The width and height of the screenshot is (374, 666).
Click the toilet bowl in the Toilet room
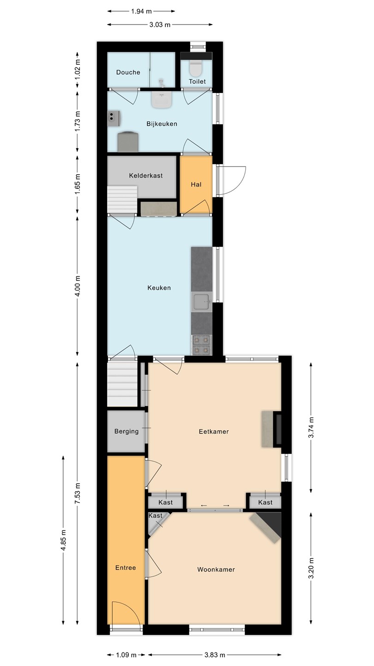[x=196, y=68]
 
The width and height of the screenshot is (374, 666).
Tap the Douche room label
[x=128, y=72]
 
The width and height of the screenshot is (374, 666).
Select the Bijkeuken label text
[x=162, y=123]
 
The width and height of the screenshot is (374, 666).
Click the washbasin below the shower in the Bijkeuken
[x=162, y=99]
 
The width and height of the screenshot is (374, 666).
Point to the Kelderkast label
[x=146, y=175]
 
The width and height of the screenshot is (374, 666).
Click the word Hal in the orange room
[x=196, y=185]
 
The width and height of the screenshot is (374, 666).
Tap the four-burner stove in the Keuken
[x=202, y=345]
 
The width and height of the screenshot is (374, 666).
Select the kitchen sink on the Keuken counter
[x=202, y=302]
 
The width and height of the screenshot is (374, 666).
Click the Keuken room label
[x=159, y=288]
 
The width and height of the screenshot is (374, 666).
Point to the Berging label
[x=127, y=431]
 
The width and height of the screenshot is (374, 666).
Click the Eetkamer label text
[x=214, y=432]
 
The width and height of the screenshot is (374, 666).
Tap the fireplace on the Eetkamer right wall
[x=271, y=429]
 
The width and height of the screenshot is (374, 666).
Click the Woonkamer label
[x=216, y=570]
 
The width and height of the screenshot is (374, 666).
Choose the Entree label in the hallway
[x=126, y=567]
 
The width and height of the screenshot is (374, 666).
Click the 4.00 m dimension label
[x=78, y=286]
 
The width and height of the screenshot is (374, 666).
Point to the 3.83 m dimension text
[x=215, y=655]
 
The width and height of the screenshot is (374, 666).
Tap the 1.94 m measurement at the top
[x=141, y=11]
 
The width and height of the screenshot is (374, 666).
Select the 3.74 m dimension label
[x=311, y=427]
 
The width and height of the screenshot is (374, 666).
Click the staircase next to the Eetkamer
[x=122, y=384]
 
